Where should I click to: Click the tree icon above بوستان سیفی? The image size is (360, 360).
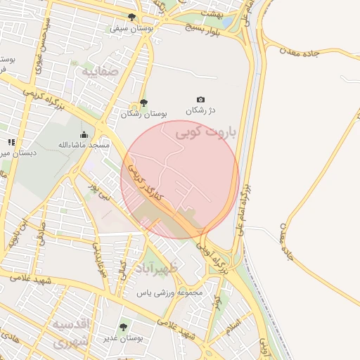132,17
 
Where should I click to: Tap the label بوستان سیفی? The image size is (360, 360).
129,29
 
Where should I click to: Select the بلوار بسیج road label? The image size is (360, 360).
204,29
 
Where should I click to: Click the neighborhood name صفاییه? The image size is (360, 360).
98,72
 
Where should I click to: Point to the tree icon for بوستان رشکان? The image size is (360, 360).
144,103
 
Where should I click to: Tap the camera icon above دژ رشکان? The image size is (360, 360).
201,100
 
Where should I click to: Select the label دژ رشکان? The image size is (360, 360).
200,110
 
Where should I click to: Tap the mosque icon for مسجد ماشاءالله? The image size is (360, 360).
84,134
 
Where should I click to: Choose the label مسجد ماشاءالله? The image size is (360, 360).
84,145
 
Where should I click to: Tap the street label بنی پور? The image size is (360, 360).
99,192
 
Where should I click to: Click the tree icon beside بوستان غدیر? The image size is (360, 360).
124,327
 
